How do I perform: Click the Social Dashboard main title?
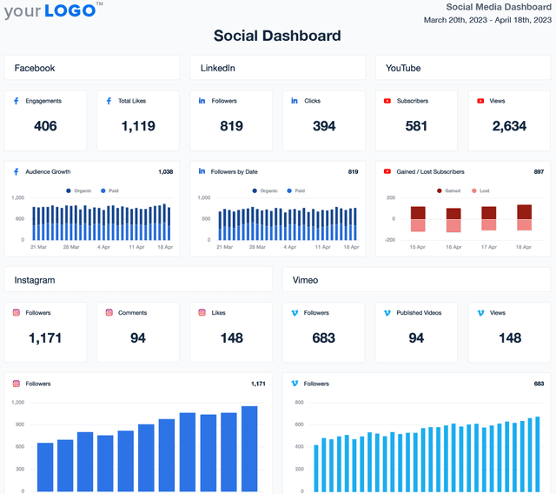point(277,36)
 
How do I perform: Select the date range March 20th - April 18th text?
point(489,19)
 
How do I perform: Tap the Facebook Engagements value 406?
point(45,126)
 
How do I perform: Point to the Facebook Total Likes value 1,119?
point(138,126)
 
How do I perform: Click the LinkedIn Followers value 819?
point(231,126)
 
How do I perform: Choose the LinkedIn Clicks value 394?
point(324,126)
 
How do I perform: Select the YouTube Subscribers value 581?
point(416,126)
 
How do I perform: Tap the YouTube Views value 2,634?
point(509,126)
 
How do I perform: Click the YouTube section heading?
point(403,68)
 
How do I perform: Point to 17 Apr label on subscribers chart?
point(488,247)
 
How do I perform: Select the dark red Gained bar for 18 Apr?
point(524,211)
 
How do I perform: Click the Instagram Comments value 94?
point(138,337)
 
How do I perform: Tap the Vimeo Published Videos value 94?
point(416,337)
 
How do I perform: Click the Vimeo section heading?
point(304,280)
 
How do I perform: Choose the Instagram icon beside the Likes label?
point(202,313)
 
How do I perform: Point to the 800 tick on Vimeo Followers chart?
point(298,403)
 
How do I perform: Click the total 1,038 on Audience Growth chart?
point(165,172)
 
